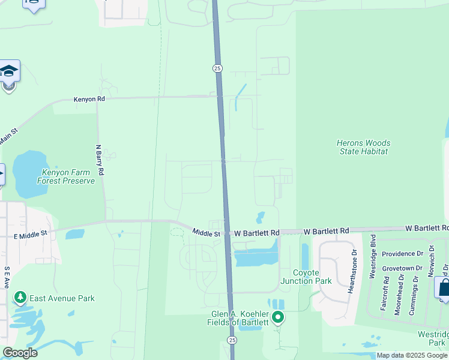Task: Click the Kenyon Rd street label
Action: pos(89,100)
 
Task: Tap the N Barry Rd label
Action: pos(100,160)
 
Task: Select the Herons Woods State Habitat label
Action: pos(363,147)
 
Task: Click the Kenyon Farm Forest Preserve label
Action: pos(67,176)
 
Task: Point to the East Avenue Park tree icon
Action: pos(20,298)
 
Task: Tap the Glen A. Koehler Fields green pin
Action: pos(277,317)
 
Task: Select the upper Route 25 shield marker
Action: pos(217,68)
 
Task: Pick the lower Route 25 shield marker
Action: pos(232,340)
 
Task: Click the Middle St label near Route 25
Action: pos(206,232)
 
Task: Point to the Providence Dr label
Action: pos(404,254)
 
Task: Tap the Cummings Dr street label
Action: pos(414,292)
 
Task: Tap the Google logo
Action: pos(20,353)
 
